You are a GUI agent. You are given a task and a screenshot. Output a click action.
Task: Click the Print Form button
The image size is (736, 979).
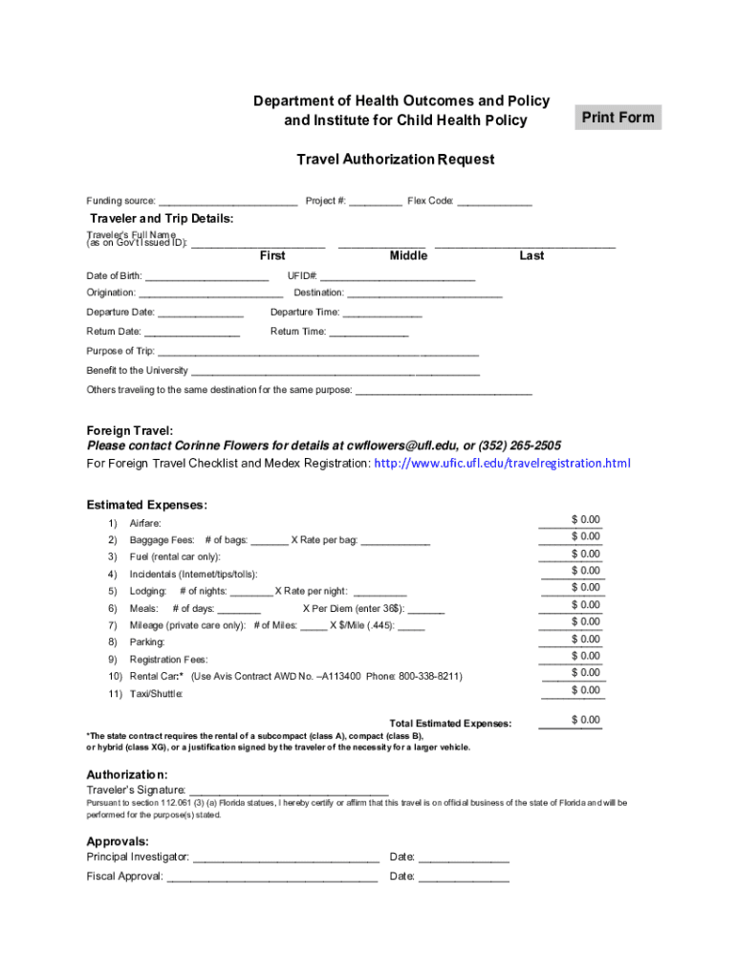point(618,118)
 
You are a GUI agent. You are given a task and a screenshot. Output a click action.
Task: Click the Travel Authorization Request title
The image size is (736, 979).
point(395,160)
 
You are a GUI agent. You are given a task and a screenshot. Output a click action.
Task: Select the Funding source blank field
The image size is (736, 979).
point(227,202)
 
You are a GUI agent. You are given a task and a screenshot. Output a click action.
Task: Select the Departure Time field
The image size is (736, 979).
point(381,313)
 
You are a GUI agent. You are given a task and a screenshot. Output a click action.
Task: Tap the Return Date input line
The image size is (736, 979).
point(191,332)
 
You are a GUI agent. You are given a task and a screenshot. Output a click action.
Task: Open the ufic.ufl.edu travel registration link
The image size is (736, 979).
point(502,464)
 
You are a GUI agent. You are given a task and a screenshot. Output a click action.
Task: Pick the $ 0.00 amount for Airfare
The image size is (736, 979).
point(572,520)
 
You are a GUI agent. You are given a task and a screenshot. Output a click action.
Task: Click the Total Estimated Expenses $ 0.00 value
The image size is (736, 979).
point(572,721)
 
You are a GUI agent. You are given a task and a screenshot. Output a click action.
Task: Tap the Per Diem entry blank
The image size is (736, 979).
point(427,609)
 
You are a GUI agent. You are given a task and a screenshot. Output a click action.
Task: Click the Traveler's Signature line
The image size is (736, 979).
point(289,791)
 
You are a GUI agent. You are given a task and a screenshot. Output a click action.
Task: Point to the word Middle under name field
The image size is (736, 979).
point(408,256)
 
